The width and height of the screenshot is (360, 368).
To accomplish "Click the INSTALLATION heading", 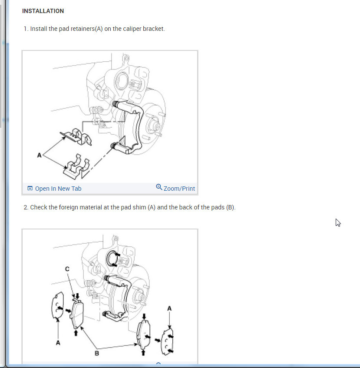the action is (43, 11).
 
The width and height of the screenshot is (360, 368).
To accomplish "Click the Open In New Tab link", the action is (58, 189).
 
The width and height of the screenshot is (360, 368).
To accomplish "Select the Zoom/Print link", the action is (179, 189).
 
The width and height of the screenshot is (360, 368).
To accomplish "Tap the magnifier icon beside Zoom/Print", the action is (159, 187).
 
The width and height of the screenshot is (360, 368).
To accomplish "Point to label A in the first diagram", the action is (39, 155).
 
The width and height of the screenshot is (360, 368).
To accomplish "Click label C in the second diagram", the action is (67, 269).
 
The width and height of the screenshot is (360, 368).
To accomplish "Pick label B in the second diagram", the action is (97, 353).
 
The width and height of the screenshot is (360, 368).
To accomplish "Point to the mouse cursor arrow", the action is (338, 222).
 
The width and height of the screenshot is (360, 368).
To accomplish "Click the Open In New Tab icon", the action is (30, 188).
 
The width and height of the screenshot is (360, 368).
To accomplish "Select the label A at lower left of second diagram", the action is (58, 343).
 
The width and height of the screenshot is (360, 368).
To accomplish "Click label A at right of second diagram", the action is (169, 308).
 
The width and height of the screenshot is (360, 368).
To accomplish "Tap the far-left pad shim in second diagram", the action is (57, 306).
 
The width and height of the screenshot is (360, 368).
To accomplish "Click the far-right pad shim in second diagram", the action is (168, 341).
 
